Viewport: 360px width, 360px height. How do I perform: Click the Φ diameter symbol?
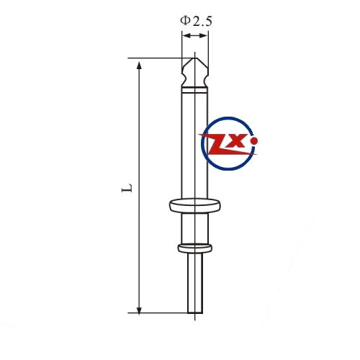(x=185, y=20)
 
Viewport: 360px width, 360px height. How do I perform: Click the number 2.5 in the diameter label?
(x=202, y=21)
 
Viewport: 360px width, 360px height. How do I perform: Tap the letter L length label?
(x=127, y=188)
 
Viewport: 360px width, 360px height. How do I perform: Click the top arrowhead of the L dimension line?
(x=139, y=66)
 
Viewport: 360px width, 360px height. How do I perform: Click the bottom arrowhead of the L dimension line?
(x=139, y=310)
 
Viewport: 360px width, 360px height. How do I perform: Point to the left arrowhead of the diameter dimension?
(x=186, y=36)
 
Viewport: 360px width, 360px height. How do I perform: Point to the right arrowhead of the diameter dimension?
(x=204, y=36)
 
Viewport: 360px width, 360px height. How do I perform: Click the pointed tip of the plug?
(x=194, y=58)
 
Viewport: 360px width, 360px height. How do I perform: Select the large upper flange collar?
(x=195, y=205)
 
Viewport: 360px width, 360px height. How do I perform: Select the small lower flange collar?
(x=195, y=248)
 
